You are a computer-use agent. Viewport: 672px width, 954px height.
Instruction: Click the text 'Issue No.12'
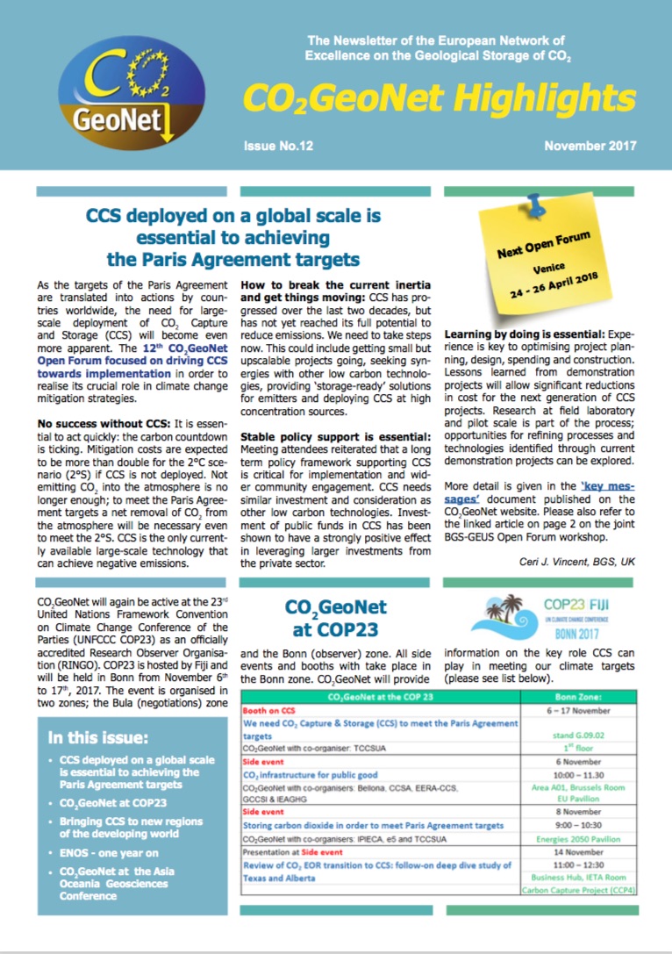coord(275,147)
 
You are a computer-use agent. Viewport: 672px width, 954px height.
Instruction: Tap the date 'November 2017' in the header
coord(590,146)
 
